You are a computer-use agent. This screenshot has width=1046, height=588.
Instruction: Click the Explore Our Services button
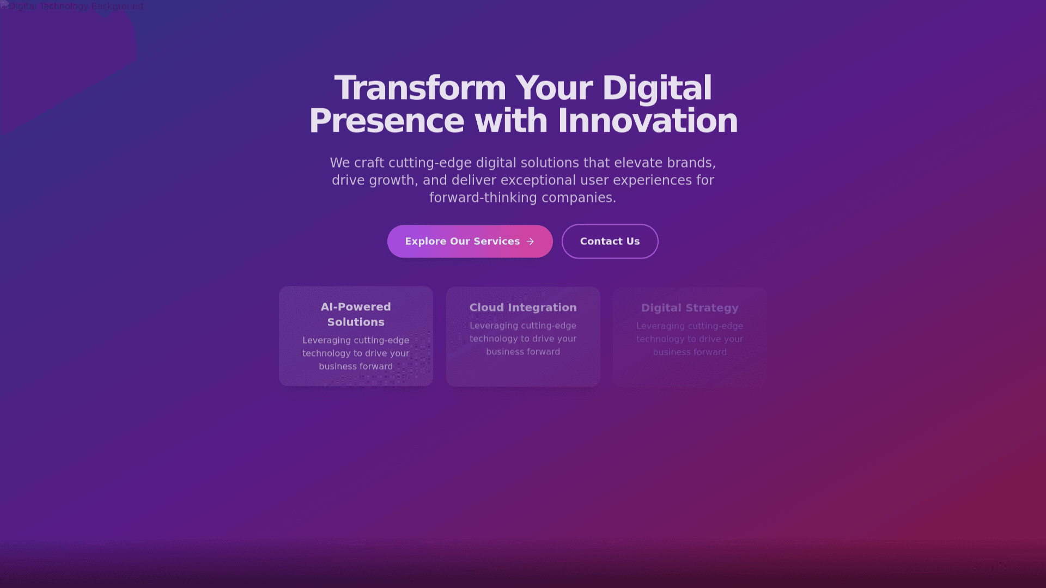coord(470,241)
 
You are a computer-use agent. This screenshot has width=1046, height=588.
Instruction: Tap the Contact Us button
coord(610,241)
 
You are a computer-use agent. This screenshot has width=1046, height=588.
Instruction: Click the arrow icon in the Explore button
coord(530,241)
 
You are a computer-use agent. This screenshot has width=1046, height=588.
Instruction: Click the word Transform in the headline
coord(420,88)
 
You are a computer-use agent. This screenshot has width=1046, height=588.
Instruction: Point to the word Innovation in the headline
coord(648,120)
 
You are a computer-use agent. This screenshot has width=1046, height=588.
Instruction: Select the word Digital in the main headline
coord(657,89)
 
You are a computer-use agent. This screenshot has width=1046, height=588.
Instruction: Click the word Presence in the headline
coord(387,120)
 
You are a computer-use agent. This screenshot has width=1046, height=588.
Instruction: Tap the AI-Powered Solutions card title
coord(356,314)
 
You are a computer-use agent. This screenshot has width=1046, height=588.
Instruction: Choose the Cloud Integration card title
coord(523,308)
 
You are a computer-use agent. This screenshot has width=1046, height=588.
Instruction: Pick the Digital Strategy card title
coord(690,308)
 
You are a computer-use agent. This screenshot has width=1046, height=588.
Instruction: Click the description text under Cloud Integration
coord(523,339)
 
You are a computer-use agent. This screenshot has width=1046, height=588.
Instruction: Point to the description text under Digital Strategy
coord(690,339)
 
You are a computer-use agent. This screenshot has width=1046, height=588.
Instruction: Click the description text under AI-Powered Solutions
coord(356,353)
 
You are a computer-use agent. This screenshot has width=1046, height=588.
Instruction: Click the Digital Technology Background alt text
coord(76,6)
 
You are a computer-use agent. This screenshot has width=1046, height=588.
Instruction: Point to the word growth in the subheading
coord(394,181)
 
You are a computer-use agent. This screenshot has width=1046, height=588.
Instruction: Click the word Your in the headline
coord(554,88)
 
